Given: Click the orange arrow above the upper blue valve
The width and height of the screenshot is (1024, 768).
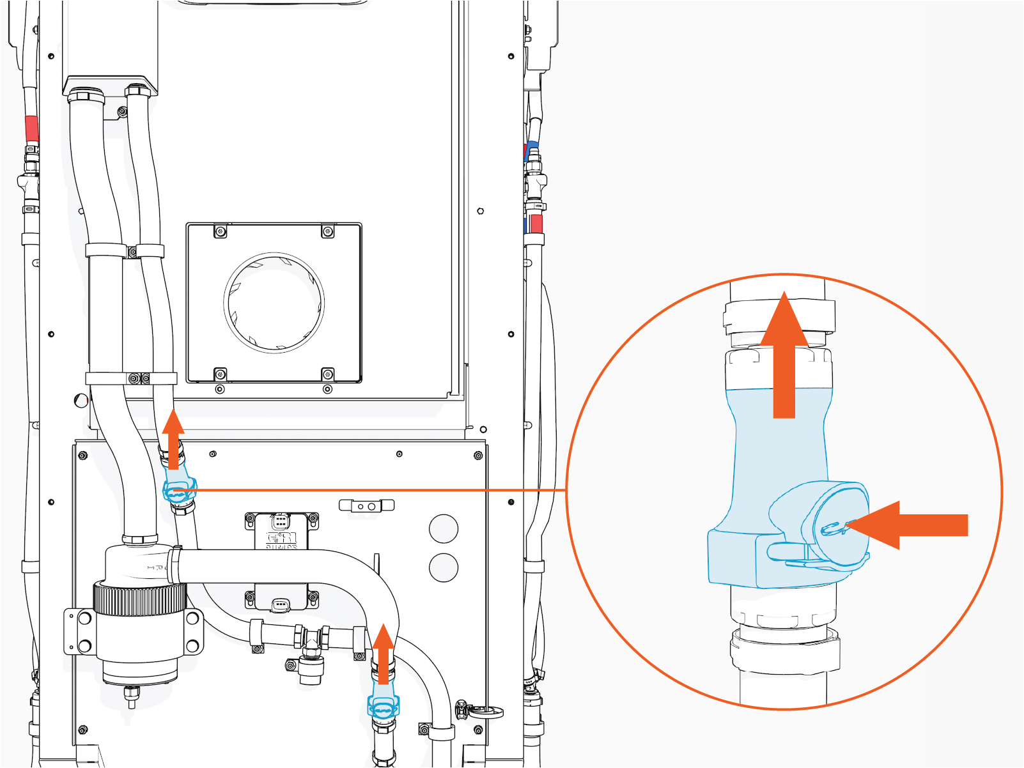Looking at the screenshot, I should [x=173, y=441].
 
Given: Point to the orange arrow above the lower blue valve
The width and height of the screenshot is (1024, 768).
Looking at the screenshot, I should [x=384, y=655].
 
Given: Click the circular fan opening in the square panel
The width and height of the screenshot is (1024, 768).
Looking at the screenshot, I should [x=274, y=302].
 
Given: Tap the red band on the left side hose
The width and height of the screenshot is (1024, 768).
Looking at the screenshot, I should [x=31, y=130].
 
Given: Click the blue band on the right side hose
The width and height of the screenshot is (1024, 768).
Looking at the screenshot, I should [x=531, y=150].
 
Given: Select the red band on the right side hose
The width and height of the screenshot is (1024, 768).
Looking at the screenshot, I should [x=536, y=224].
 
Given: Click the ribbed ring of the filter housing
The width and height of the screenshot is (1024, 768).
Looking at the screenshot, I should [x=139, y=599].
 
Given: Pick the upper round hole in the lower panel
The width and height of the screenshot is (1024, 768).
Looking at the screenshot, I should [x=444, y=528].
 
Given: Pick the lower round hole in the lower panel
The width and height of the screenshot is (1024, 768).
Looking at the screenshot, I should [x=444, y=567].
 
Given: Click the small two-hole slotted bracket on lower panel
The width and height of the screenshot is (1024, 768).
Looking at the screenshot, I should [x=366, y=506].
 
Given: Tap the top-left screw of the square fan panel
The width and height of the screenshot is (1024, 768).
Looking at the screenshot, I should [x=221, y=231].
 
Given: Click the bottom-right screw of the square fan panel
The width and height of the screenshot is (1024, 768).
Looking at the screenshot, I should [x=327, y=374].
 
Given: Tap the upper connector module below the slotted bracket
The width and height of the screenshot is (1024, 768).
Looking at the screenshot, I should [x=281, y=530].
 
